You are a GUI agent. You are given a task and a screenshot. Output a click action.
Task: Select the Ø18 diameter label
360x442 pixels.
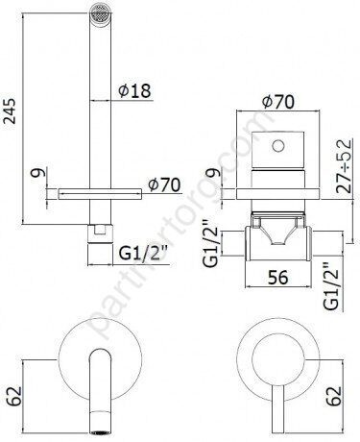pos(134,92)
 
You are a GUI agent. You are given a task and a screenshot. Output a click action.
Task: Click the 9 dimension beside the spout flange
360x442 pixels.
pos(36,176)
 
